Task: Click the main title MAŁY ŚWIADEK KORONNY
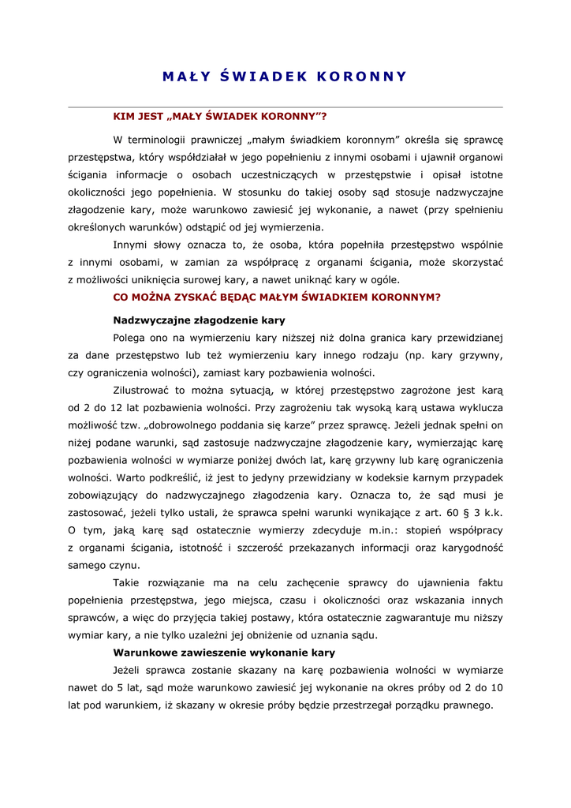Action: [x=285, y=76]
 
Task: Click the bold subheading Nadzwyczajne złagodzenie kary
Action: [x=199, y=320]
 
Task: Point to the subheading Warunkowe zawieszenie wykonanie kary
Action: [x=224, y=653]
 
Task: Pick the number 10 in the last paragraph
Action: [x=496, y=687]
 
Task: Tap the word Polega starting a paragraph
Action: [x=130, y=338]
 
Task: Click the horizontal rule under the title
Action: [x=285, y=107]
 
